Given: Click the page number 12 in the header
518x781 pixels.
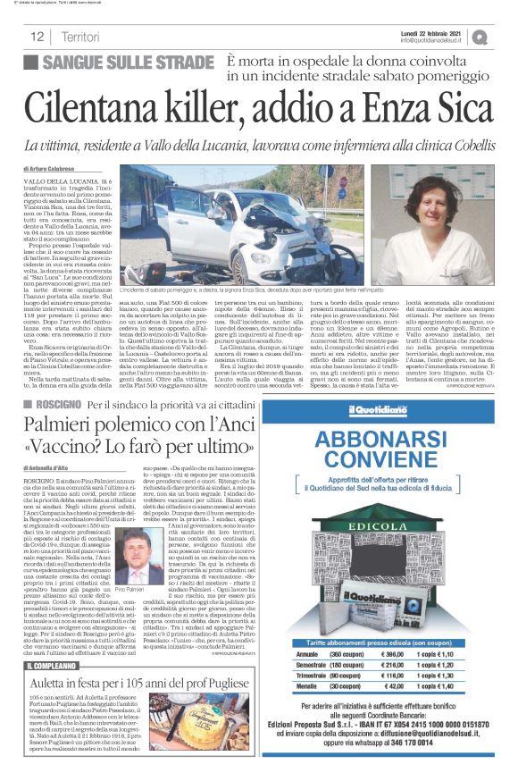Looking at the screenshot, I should (x=38, y=38).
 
